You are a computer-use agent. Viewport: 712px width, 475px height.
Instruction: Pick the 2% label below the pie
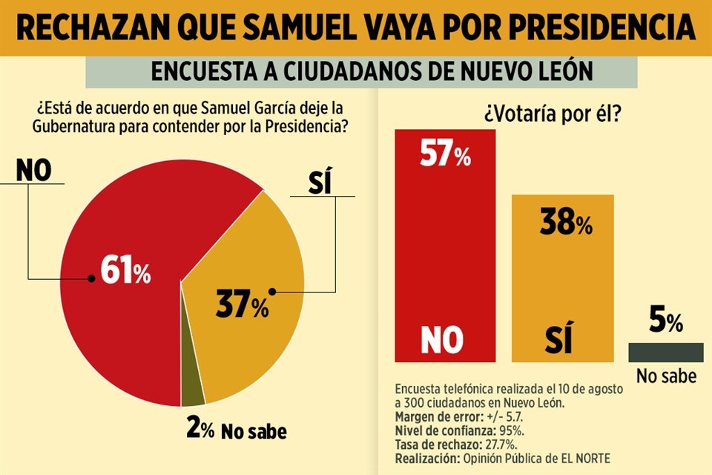(199, 430)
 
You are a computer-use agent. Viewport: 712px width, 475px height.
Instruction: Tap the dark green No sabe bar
(665, 353)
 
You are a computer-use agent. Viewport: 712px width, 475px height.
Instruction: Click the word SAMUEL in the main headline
(311, 28)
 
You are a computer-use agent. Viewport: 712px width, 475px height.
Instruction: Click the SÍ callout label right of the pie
(318, 182)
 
